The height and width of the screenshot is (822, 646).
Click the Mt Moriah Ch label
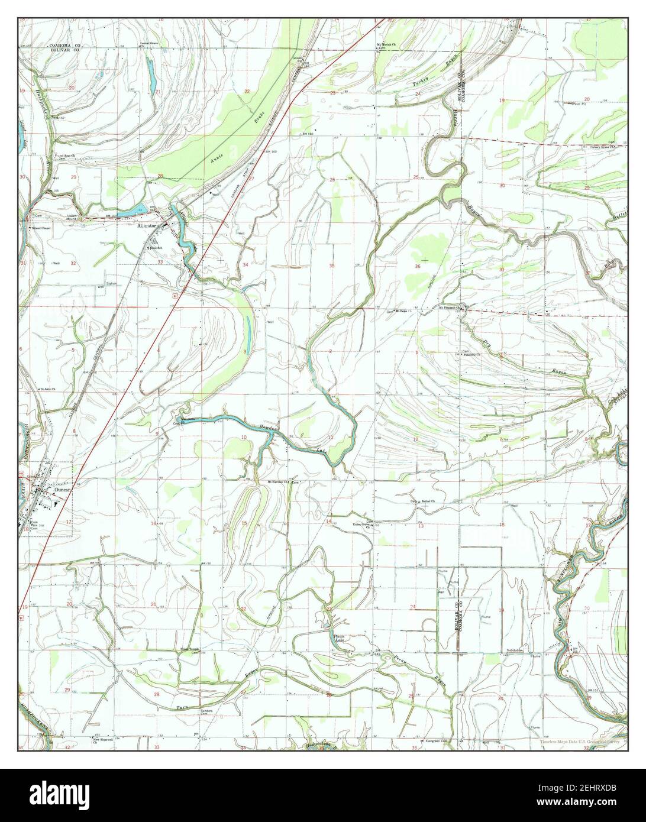387,45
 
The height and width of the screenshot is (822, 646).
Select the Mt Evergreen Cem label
435,740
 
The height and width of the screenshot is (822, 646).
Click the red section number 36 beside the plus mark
418,267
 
